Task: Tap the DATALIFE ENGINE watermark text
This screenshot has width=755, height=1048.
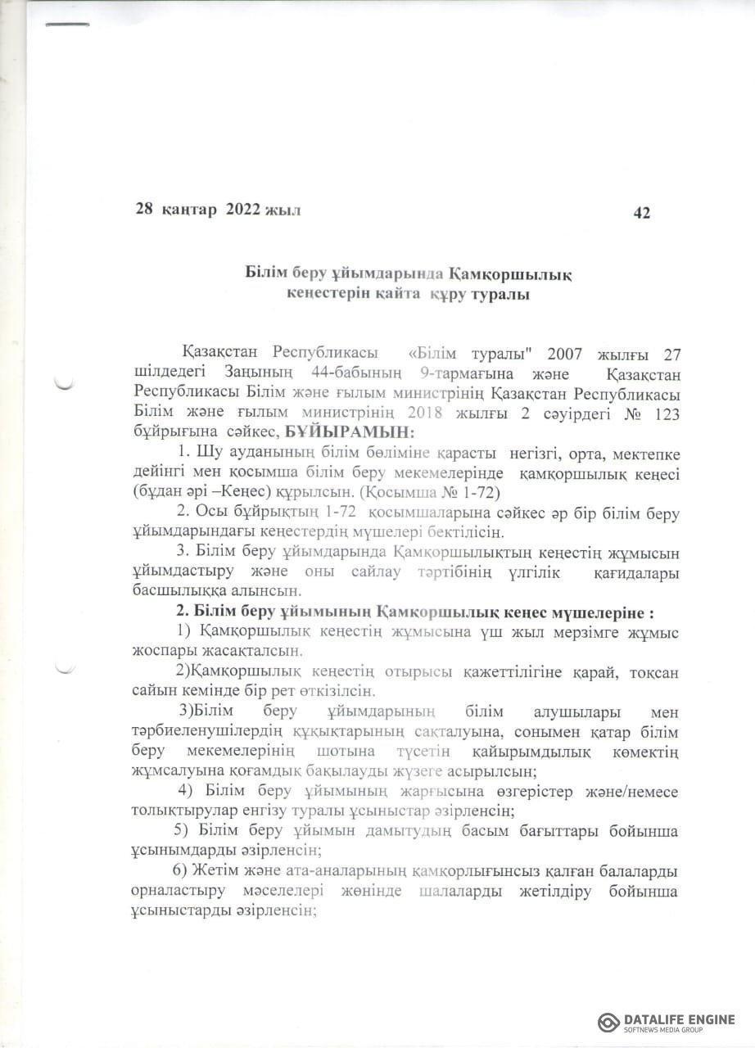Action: click(679, 1019)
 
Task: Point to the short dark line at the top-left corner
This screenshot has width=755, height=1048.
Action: click(66, 25)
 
